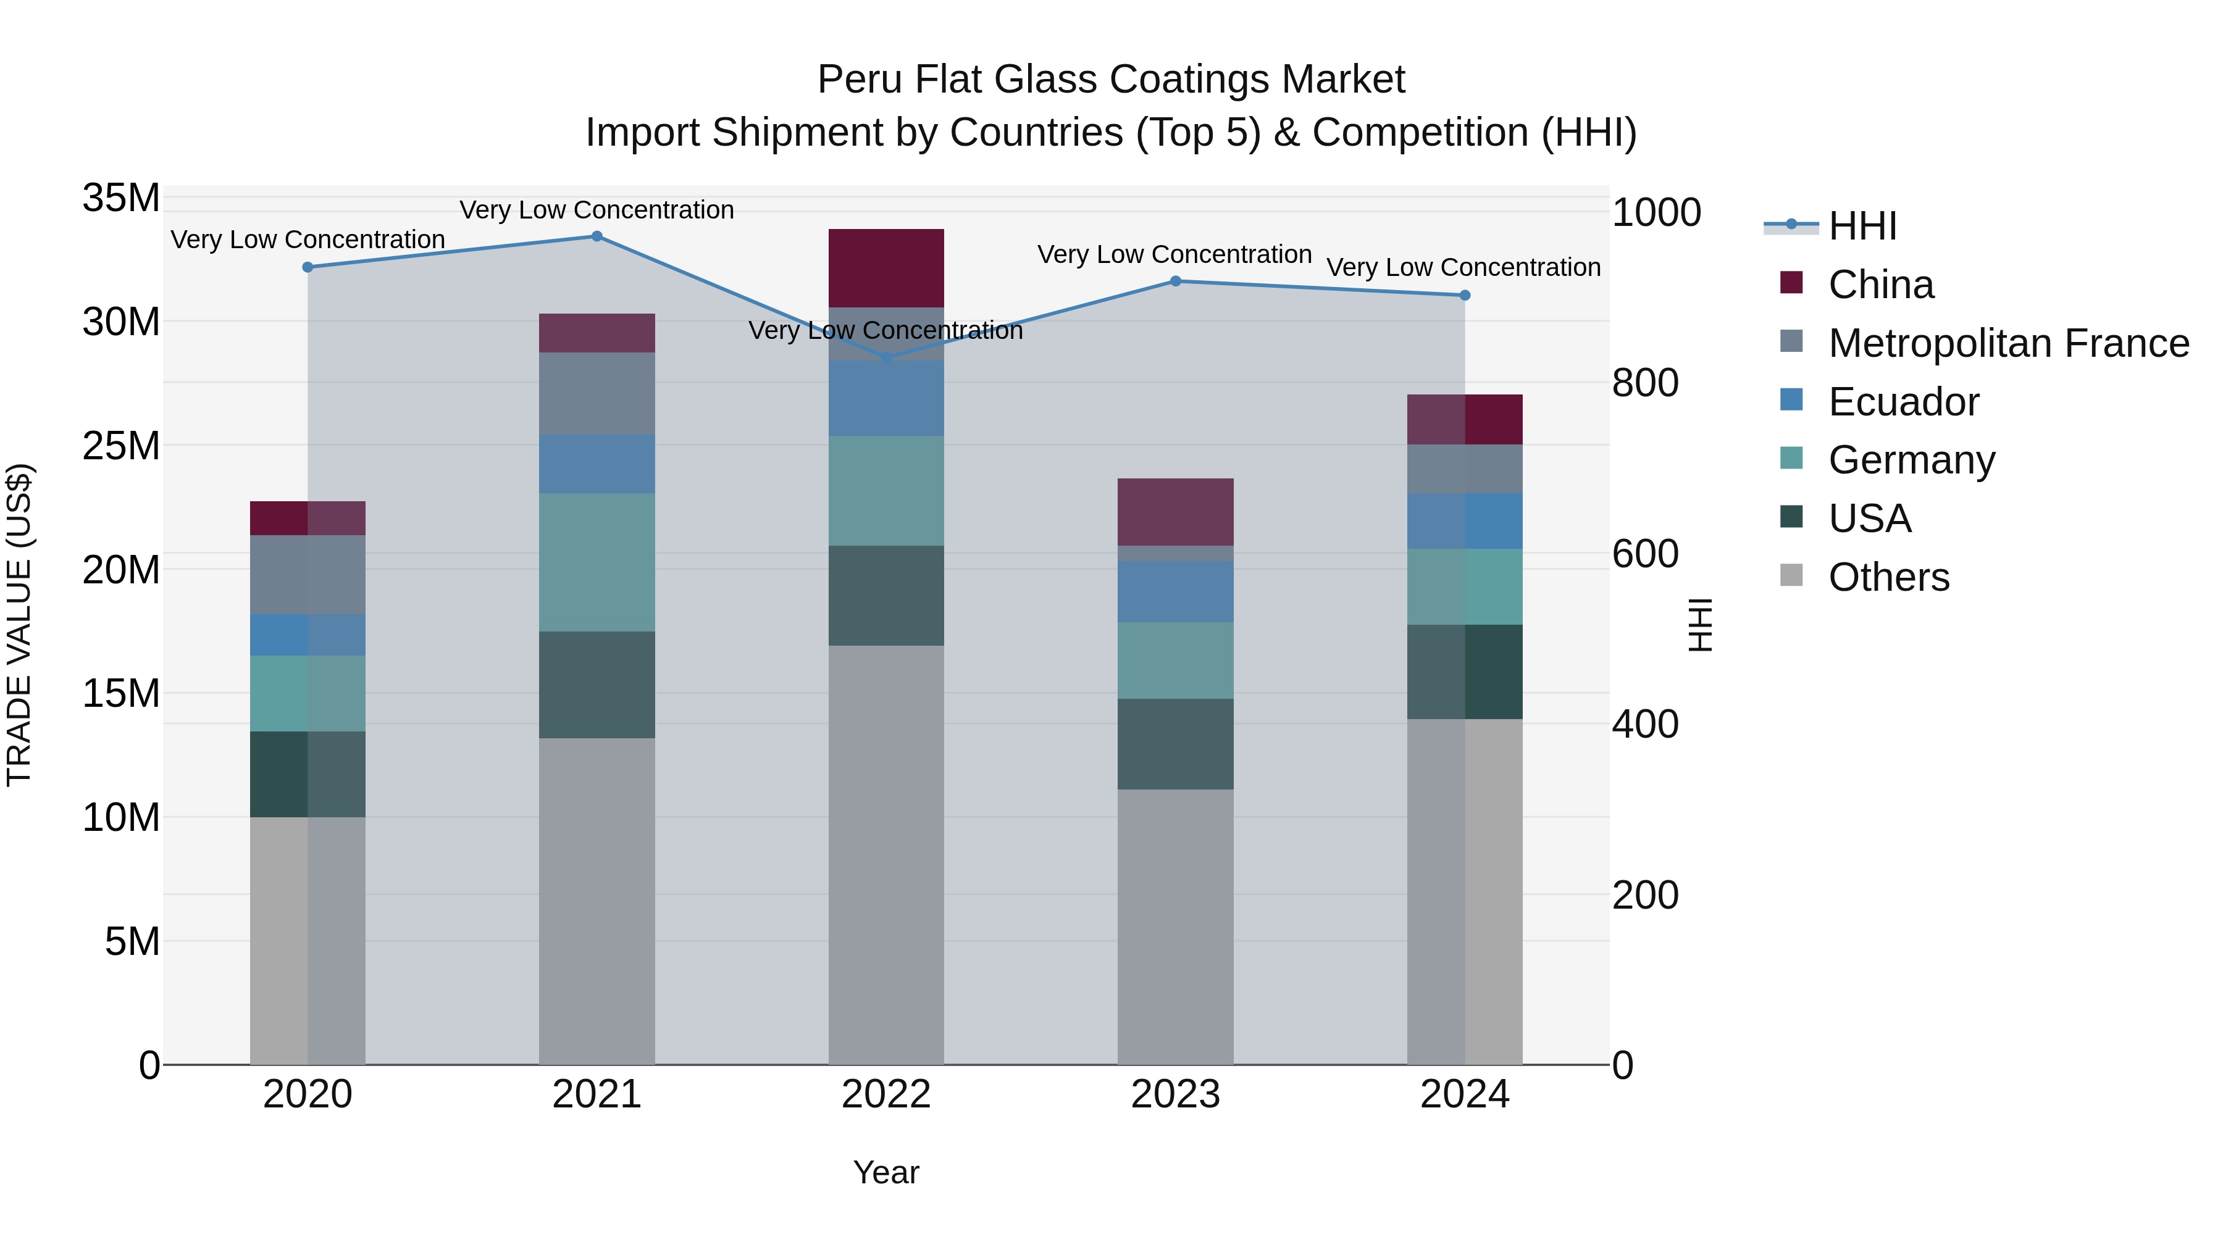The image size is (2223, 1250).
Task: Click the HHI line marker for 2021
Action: click(597, 236)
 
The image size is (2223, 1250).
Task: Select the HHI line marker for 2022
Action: click(886, 357)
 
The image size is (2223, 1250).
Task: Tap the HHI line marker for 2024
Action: click(1465, 295)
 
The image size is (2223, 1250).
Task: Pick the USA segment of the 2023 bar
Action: click(1175, 744)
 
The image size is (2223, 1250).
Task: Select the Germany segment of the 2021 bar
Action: click(597, 562)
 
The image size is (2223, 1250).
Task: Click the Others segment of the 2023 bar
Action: click(1175, 927)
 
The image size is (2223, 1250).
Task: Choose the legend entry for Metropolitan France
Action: click(2008, 343)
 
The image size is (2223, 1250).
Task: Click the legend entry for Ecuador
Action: click(1903, 402)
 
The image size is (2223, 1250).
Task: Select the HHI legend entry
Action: click(1862, 226)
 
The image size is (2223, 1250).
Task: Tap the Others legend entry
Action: click(1888, 577)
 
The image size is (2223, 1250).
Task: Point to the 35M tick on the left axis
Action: click(121, 198)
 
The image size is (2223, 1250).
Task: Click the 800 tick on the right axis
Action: click(1645, 383)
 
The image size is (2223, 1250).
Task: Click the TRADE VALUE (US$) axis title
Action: click(20, 625)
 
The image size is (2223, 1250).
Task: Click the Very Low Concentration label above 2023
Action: click(1174, 254)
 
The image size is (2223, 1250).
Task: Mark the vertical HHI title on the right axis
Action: click(1700, 625)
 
